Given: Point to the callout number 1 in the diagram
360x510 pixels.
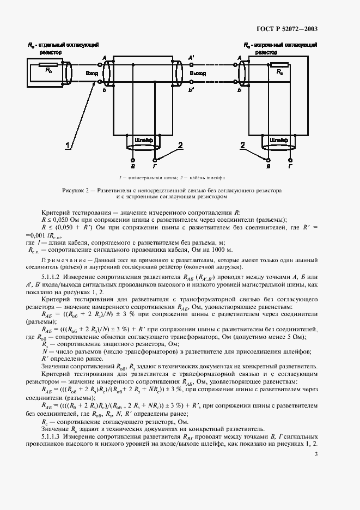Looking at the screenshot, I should pyautogui.click(x=68, y=145).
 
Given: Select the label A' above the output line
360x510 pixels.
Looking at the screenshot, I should pyautogui.click(x=191, y=57).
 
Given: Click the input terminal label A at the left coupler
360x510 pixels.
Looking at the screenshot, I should pyautogui.click(x=104, y=57).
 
